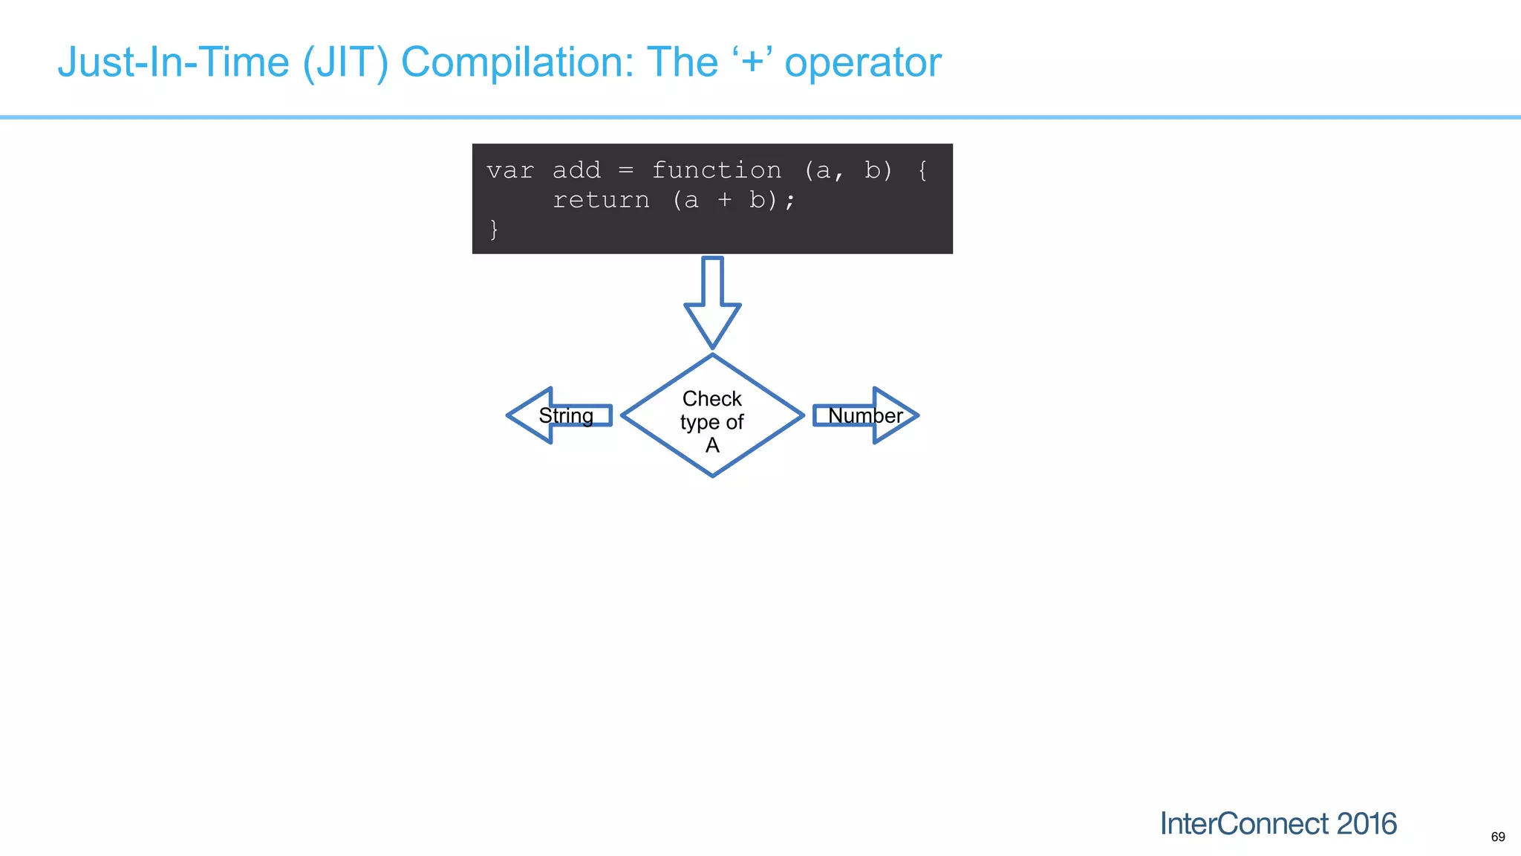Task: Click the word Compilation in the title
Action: [517, 62]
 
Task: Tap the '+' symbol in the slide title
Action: [752, 62]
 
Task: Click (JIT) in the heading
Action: [345, 62]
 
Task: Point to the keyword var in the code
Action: [510, 171]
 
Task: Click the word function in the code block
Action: [716, 171]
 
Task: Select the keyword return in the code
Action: [601, 201]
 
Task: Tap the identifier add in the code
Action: [576, 171]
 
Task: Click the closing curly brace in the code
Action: [494, 229]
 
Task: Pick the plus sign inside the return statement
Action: [724, 201]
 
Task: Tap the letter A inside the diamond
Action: [712, 445]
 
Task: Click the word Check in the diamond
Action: [711, 399]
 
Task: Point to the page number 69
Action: [1497, 837]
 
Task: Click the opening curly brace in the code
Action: [922, 171]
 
